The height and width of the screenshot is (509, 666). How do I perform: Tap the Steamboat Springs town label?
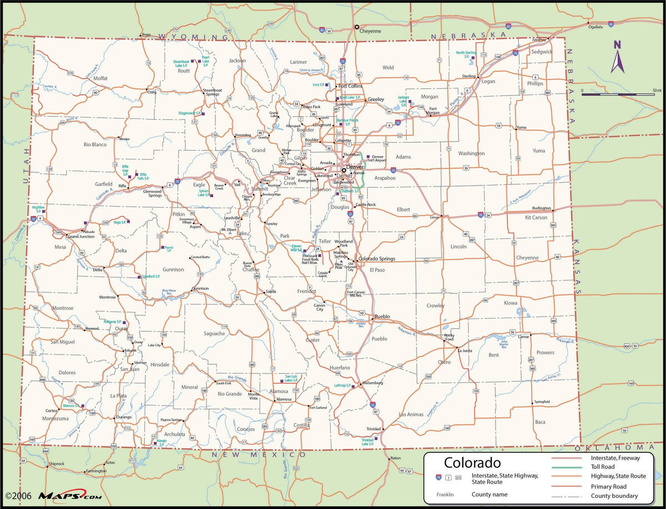(x=211, y=92)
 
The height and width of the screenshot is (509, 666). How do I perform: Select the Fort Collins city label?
(x=350, y=86)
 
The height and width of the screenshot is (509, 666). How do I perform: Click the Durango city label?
(x=124, y=417)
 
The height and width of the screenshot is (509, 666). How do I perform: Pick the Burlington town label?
(x=541, y=208)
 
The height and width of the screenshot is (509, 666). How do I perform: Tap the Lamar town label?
(x=523, y=336)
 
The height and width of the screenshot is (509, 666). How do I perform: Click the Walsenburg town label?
(x=372, y=383)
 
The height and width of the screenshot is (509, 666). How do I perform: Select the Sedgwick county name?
(x=542, y=52)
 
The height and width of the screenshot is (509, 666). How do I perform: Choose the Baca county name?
(x=540, y=422)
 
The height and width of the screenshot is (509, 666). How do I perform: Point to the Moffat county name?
(x=100, y=78)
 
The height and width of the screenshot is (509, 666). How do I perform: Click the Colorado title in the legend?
(x=472, y=462)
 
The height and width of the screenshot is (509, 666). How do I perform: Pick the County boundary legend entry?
(x=614, y=496)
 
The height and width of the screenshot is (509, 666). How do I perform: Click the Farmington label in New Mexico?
(x=96, y=471)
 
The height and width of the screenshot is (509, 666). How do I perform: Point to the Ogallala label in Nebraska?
(x=595, y=26)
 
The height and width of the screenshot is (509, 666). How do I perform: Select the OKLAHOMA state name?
(x=618, y=447)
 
